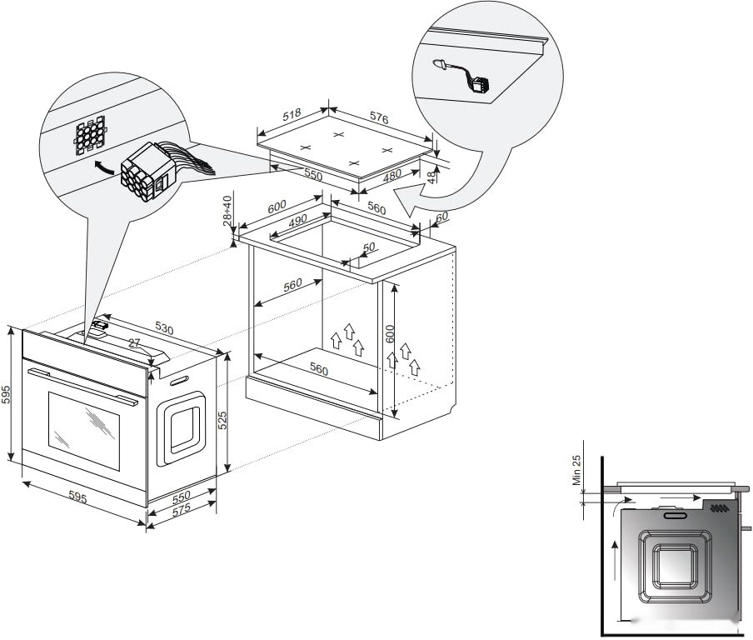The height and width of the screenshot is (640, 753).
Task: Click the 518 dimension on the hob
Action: coord(292,115)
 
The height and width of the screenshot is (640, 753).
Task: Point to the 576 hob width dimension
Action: coord(379,119)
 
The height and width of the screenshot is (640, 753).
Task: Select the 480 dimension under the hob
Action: coord(391,176)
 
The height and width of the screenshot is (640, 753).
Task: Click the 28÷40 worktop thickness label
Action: coord(227,211)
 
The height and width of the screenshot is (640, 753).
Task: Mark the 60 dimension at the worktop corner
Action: coord(441,217)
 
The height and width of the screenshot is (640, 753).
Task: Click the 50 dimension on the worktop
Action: coord(370,247)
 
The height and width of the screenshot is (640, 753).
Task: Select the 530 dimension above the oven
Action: coord(163,329)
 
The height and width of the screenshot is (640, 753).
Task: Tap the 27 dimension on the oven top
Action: coord(134,343)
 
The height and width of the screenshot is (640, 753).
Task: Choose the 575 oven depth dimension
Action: coord(182,510)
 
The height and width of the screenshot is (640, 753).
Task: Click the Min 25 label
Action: coord(576,471)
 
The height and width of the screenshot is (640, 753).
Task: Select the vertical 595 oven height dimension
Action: coord(6,394)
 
